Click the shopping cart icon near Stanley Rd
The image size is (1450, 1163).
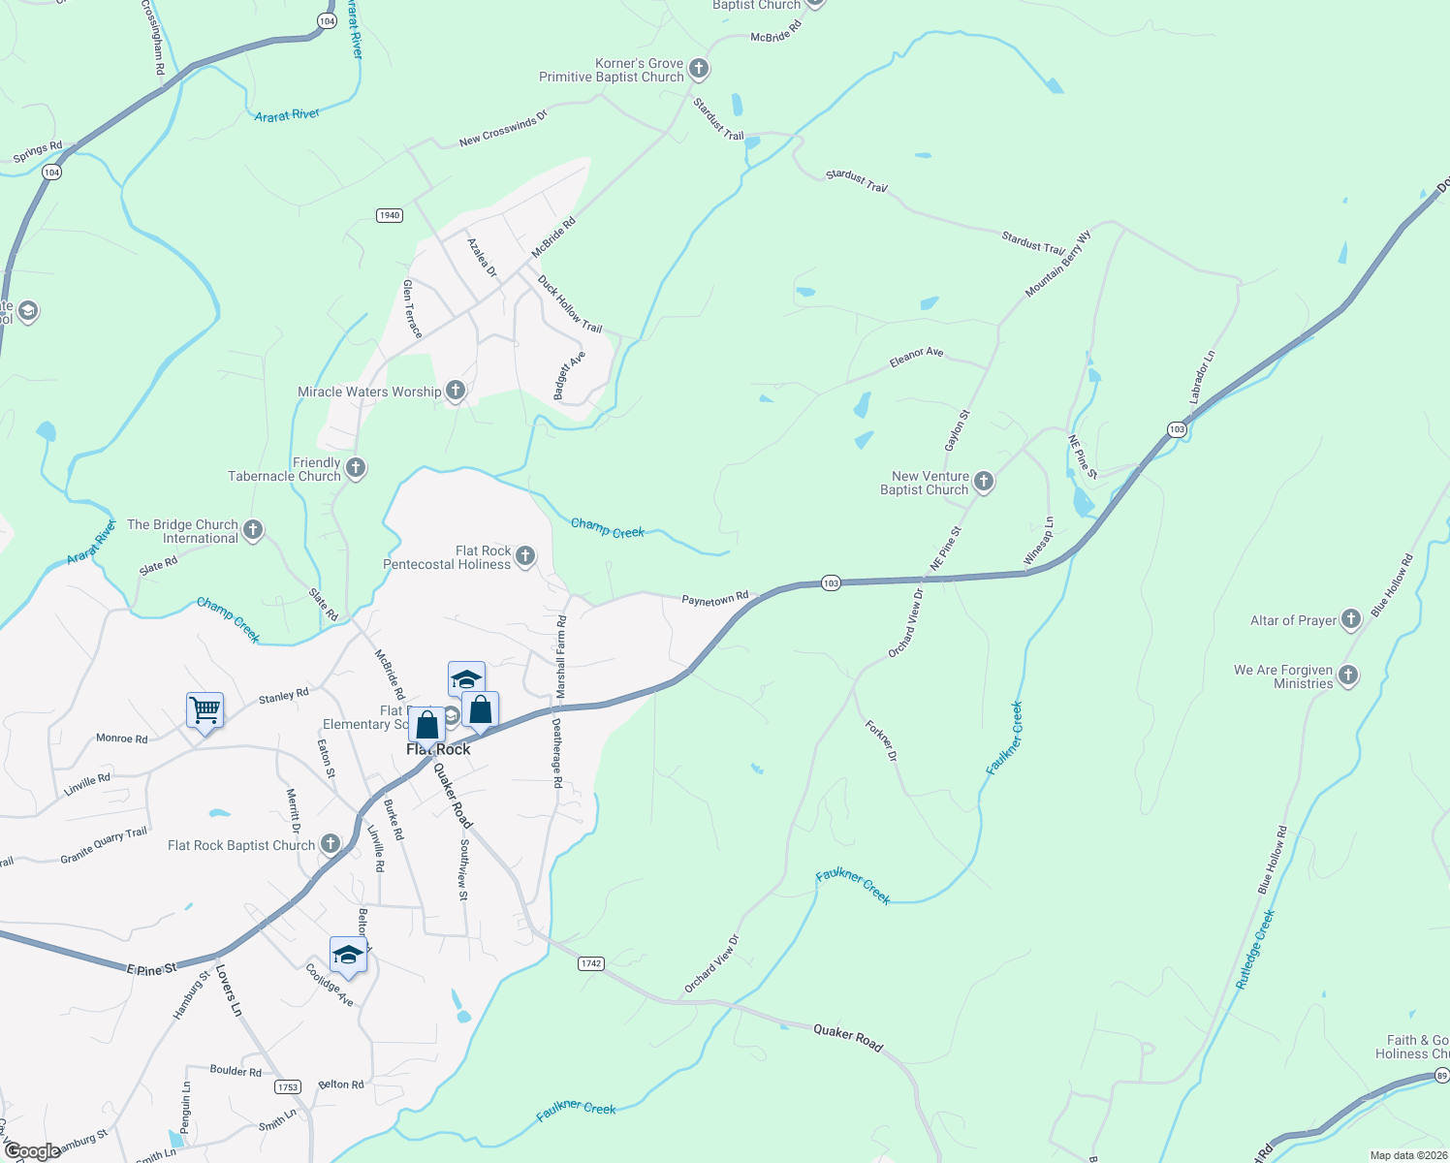click(205, 710)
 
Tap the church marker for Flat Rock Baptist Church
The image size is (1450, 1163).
click(331, 844)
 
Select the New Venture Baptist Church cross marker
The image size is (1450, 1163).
click(983, 482)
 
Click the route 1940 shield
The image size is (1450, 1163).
click(389, 215)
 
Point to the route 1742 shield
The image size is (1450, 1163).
click(591, 963)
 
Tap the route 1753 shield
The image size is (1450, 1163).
click(287, 1086)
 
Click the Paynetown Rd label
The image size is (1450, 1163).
click(715, 600)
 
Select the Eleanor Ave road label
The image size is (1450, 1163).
click(916, 358)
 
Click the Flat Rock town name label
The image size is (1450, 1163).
click(438, 749)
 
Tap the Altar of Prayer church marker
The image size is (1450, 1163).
click(1351, 620)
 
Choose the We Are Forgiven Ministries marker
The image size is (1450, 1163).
click(1347, 676)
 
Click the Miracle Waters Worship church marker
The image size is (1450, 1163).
click(455, 391)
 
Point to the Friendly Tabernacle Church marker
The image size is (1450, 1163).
click(356, 469)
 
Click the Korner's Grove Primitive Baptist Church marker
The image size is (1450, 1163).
click(698, 70)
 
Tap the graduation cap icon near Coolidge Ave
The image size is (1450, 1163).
click(348, 955)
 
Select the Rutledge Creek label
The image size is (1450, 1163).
click(1255, 950)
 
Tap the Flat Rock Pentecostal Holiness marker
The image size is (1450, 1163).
click(524, 556)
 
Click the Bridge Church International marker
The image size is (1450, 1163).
click(253, 530)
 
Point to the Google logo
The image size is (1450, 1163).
click(32, 1151)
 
